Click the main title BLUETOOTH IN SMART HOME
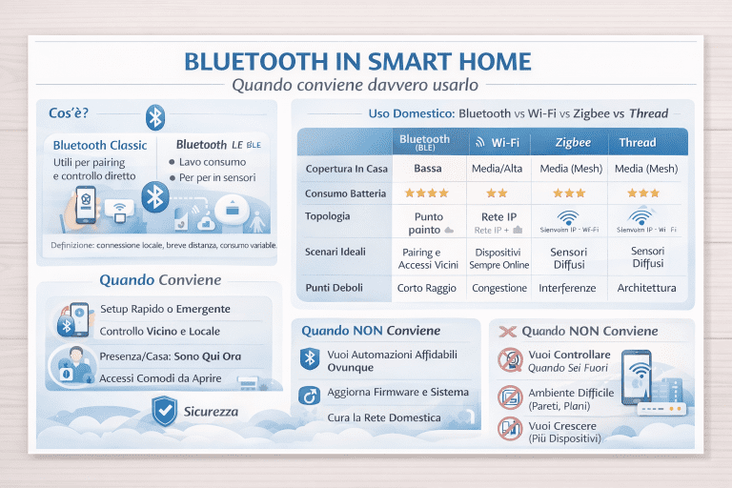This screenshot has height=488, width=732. pyautogui.click(x=356, y=62)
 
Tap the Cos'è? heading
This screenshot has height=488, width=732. pyautogui.click(x=68, y=113)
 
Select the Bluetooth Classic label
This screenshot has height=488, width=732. pyautogui.click(x=100, y=145)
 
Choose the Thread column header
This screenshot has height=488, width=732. pyautogui.click(x=638, y=142)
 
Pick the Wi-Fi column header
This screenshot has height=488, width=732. pyautogui.click(x=499, y=142)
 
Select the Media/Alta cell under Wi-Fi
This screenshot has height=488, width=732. pyautogui.click(x=499, y=169)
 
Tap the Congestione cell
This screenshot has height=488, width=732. pyautogui.click(x=499, y=288)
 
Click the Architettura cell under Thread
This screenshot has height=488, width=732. pyautogui.click(x=646, y=288)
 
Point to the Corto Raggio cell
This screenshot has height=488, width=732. pyautogui.click(x=428, y=288)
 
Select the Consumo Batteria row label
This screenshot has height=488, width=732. pyautogui.click(x=346, y=193)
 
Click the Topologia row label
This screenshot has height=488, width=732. pyautogui.click(x=328, y=217)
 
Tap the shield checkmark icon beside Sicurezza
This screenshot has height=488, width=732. pyautogui.click(x=165, y=411)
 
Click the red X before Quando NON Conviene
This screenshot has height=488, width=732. pyautogui.click(x=507, y=332)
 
